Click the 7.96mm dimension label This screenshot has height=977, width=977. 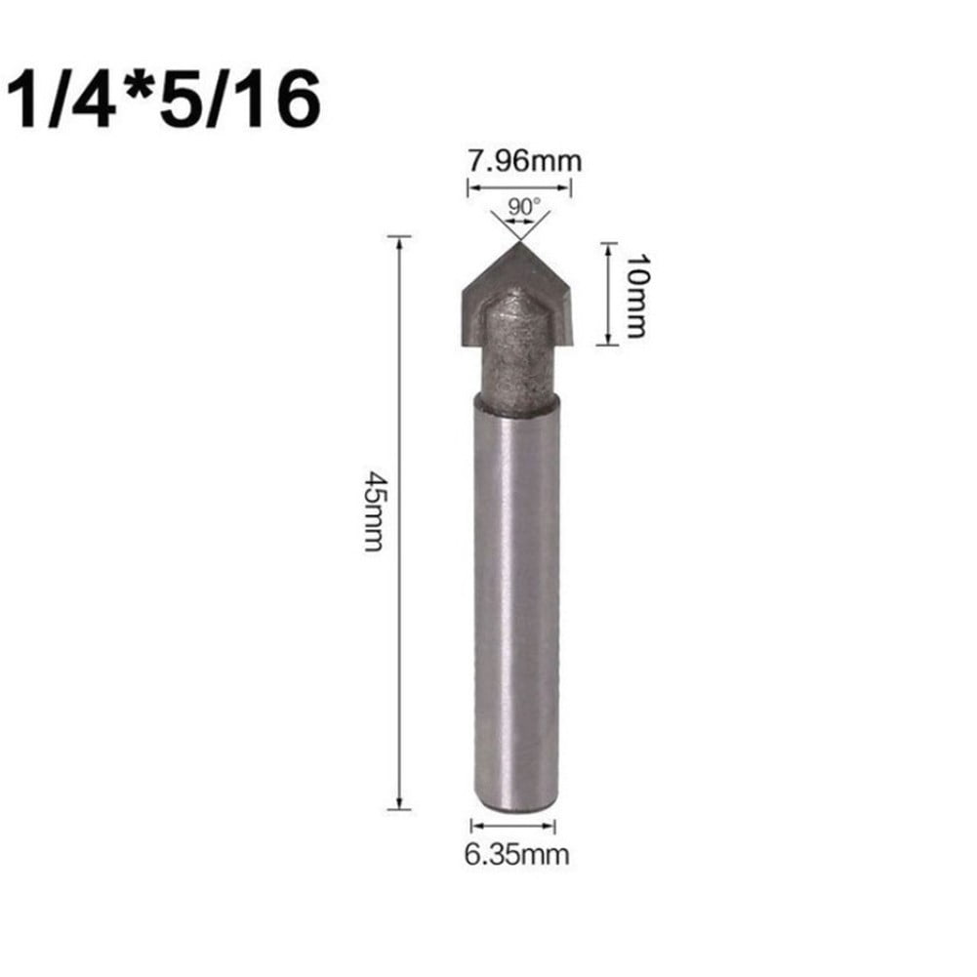(524, 160)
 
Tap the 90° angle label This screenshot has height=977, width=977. (519, 207)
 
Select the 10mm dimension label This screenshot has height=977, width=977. (635, 294)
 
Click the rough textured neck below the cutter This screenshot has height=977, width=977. (515, 351)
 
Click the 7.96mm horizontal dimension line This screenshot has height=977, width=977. (523, 186)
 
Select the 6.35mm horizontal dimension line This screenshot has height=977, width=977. (513, 826)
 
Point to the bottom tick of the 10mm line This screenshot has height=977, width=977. (608, 344)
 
